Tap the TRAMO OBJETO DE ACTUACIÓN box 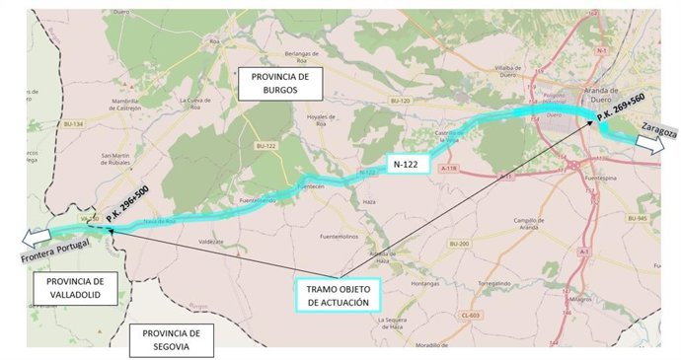click(337, 295)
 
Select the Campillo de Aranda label click(534, 223)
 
